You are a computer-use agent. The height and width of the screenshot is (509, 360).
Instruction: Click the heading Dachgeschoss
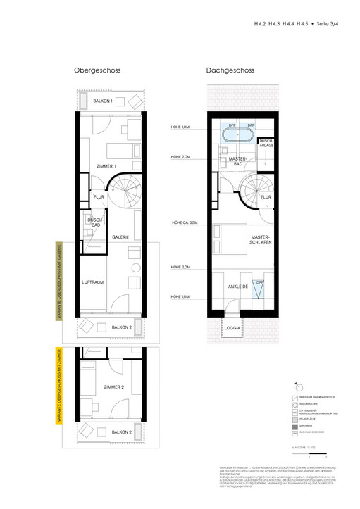click(230, 70)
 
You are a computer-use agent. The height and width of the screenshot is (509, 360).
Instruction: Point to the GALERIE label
click(120, 237)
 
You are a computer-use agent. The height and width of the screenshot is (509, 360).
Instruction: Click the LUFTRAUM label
click(93, 282)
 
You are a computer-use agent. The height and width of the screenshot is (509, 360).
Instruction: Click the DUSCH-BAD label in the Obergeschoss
click(95, 222)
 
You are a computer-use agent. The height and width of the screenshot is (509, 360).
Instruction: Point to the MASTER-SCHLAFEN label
click(261, 239)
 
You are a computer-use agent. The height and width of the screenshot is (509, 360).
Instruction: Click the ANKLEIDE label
click(239, 287)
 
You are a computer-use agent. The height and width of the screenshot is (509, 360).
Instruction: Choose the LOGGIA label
click(232, 328)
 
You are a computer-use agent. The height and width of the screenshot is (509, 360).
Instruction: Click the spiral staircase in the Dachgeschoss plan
click(254, 191)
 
